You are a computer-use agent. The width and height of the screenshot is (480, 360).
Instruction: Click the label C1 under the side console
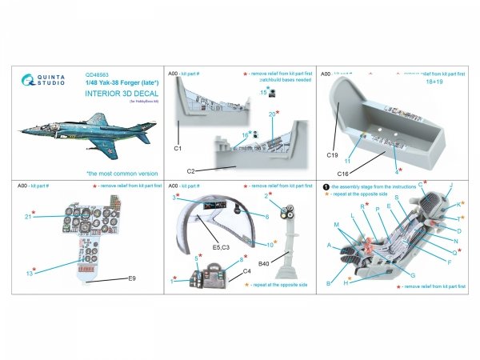(177, 149)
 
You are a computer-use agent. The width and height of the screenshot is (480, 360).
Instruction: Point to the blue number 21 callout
(28, 215)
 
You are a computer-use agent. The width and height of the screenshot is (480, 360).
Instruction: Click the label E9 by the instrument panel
(132, 278)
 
